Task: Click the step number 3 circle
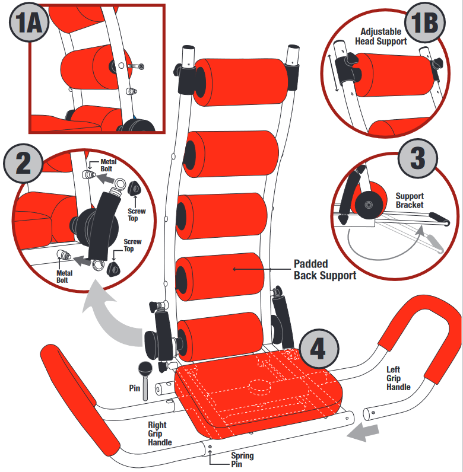417,159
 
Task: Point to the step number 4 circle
319,349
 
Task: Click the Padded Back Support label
325,269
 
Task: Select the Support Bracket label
410,200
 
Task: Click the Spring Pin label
242,460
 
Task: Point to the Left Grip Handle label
398,378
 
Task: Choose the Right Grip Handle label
160,433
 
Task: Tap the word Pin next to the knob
135,389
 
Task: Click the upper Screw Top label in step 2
137,215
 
